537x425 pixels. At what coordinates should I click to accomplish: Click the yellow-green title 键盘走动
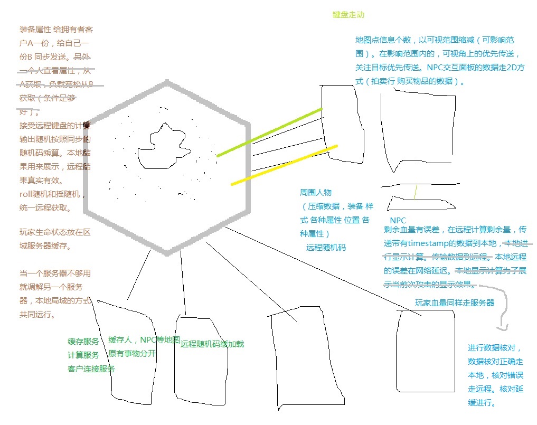[348, 15]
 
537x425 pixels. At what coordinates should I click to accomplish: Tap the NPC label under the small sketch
[398, 220]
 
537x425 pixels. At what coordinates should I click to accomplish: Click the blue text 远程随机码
[326, 247]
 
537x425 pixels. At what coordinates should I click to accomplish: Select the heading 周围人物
[316, 193]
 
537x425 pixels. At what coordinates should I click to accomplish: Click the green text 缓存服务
[83, 342]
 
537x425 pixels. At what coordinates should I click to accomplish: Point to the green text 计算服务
[83, 355]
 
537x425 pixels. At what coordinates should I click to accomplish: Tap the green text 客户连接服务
[91, 369]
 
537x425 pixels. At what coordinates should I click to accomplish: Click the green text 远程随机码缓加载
[212, 344]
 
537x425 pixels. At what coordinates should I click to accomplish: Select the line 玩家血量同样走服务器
[455, 303]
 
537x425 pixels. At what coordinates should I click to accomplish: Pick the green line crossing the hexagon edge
[269, 133]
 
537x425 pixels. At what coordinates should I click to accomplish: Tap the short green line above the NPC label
[416, 192]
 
